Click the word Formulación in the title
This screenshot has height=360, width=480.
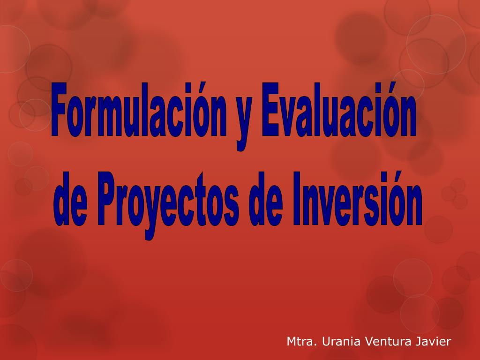tap(139, 110)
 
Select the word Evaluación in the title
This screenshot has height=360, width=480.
tap(339, 110)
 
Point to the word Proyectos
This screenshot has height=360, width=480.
tap(169, 205)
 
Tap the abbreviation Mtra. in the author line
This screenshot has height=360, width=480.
tap(301, 341)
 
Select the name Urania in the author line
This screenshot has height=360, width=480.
tap(341, 341)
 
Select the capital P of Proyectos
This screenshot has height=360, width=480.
tap(108, 199)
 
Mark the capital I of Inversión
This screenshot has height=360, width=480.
tap(297, 199)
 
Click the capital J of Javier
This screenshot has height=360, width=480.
tap(419, 341)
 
